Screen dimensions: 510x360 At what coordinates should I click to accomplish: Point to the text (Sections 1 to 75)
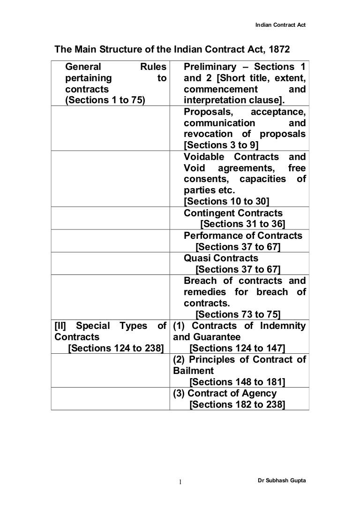(x=104, y=100)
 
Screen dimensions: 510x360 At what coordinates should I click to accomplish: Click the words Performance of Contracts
(x=243, y=236)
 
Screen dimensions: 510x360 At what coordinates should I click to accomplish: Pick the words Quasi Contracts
(x=221, y=258)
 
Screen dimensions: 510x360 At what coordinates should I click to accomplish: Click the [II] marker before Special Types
(x=61, y=326)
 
